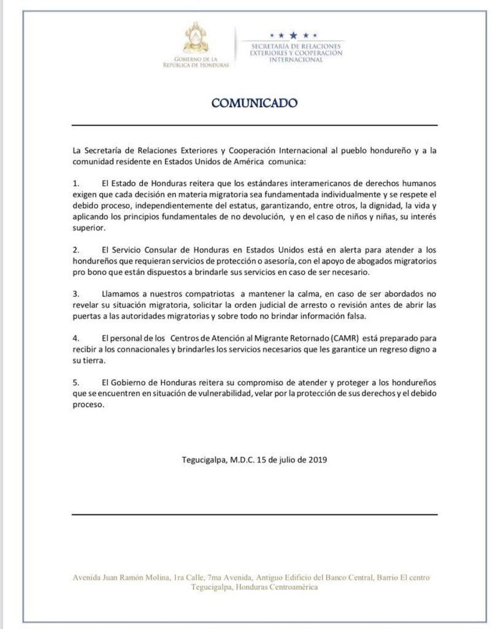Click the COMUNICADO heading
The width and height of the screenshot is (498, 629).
click(x=254, y=103)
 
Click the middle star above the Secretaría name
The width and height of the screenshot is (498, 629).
click(x=293, y=35)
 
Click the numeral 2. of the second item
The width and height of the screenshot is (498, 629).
click(x=76, y=251)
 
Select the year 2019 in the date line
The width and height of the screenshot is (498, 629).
click(x=316, y=459)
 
